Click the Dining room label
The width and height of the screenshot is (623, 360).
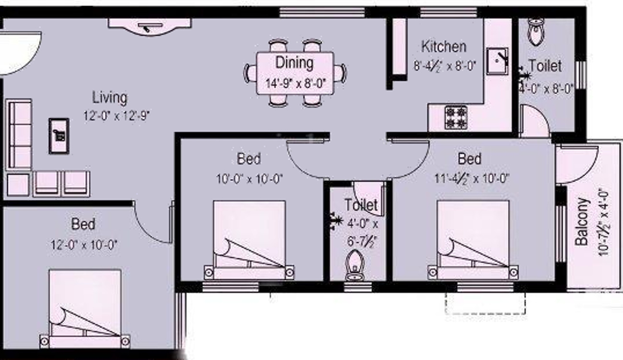(294, 62)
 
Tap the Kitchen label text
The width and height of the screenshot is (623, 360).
(443, 47)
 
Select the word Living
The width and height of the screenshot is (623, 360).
(110, 97)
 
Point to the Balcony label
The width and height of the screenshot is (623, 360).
(582, 221)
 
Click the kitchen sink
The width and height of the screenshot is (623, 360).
(498, 61)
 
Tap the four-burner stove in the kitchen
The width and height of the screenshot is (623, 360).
(456, 117)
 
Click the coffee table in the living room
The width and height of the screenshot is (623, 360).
(59, 136)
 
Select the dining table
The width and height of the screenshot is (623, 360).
(295, 73)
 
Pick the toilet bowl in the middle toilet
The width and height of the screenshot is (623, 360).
(355, 265)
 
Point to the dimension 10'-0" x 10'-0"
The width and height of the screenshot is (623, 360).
(249, 179)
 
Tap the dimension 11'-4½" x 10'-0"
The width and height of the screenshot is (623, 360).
(471, 179)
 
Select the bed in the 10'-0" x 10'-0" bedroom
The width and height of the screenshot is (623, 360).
(249, 239)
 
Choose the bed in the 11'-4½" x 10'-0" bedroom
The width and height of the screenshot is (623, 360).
(473, 239)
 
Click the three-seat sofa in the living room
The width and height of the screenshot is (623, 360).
(19, 134)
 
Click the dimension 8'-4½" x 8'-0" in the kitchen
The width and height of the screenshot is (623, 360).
(444, 65)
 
